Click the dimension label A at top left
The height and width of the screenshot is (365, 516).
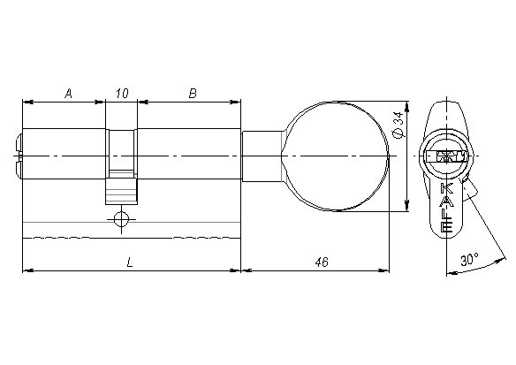pyautogui.click(x=68, y=93)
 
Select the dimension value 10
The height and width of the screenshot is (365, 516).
pyautogui.click(x=122, y=93)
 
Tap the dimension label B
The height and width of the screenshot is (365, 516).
pyautogui.click(x=192, y=93)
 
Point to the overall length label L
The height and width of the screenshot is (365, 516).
pyautogui.click(x=131, y=262)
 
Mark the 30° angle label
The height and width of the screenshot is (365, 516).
pyautogui.click(x=469, y=260)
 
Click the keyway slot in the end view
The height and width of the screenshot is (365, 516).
pyautogui.click(x=445, y=158)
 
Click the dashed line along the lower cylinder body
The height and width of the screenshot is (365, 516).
pyautogui.click(x=131, y=237)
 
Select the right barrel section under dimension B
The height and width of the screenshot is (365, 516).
pyautogui.click(x=189, y=156)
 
